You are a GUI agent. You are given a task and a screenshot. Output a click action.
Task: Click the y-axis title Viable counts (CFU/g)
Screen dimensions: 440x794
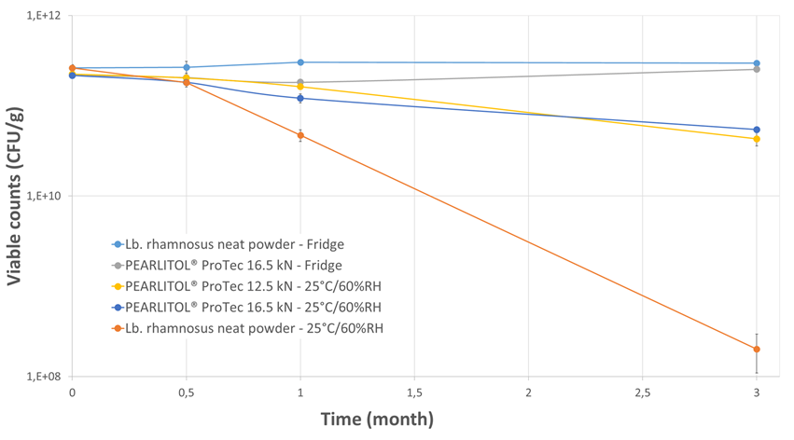(x=15, y=198)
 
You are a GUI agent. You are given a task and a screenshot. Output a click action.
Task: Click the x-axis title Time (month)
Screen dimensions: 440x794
(x=377, y=419)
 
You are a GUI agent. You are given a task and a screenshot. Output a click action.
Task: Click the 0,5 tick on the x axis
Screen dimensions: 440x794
(x=186, y=393)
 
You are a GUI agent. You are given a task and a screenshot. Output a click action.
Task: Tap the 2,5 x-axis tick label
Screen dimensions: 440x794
(x=642, y=393)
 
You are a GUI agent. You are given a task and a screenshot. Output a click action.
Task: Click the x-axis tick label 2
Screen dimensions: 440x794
(x=528, y=393)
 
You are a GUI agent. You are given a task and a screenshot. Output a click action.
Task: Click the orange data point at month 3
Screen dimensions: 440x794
(x=756, y=350)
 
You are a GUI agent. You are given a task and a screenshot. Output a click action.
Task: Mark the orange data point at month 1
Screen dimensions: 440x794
(x=300, y=135)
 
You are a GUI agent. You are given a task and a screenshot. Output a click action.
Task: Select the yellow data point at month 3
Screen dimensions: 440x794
(x=756, y=139)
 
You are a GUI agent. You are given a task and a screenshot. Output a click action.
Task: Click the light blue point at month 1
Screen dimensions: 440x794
(x=300, y=62)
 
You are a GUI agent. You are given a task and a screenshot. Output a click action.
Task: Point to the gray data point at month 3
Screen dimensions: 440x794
(x=756, y=69)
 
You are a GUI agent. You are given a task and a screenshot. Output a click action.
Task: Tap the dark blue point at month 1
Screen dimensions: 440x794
(x=300, y=98)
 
